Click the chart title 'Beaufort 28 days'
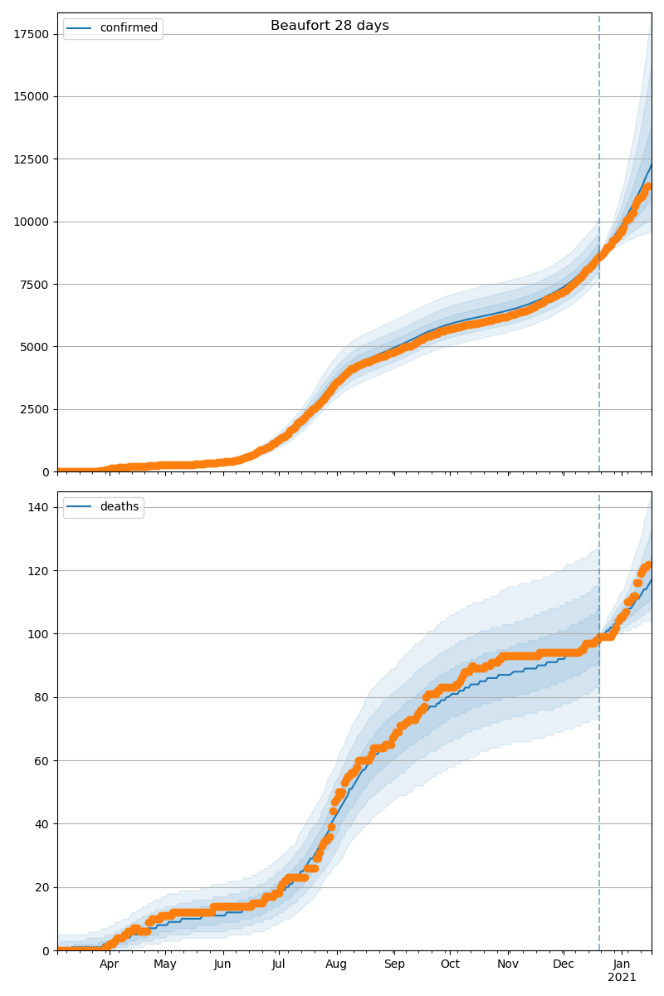point(330,26)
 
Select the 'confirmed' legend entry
point(113,28)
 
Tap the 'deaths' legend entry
point(103,506)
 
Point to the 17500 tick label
point(32,34)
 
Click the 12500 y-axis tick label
point(32,159)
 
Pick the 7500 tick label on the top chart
point(34,285)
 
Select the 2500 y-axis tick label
point(34,409)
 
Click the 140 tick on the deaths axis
point(38,507)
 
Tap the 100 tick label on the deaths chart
point(38,634)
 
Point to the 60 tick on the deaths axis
point(41,761)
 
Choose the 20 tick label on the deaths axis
point(41,887)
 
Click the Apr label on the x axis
point(109,964)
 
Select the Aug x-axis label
point(336,964)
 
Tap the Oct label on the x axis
point(450,964)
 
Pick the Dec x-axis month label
point(564,964)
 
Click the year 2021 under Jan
point(622,978)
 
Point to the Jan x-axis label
point(622,964)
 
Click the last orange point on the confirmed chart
point(648,186)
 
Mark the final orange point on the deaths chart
point(648,565)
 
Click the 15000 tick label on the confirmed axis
point(32,96)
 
